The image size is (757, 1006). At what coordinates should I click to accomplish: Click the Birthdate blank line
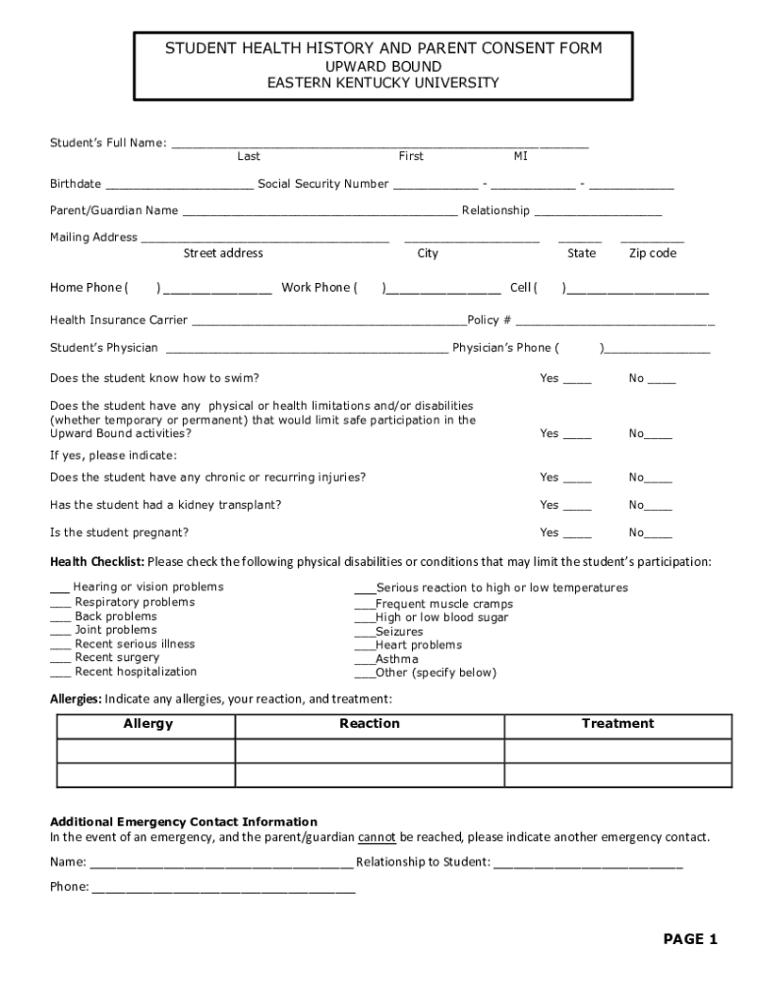coord(179,186)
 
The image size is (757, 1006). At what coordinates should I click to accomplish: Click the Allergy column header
coord(147,724)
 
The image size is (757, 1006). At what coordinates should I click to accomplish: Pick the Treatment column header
coord(617,724)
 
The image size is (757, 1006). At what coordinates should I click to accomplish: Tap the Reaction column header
coord(370,724)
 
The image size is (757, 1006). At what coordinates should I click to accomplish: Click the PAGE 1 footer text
coord(690,939)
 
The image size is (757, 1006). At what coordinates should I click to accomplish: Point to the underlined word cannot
coord(377,838)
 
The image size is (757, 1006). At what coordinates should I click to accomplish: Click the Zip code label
coord(653,253)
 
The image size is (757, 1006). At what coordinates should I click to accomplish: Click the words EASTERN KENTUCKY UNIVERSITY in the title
coord(383,84)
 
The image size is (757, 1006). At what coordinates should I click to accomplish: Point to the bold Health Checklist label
coord(97,562)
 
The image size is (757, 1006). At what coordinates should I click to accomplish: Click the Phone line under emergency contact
coord(223,889)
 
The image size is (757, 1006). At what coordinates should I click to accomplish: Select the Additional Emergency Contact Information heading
coord(184,821)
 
